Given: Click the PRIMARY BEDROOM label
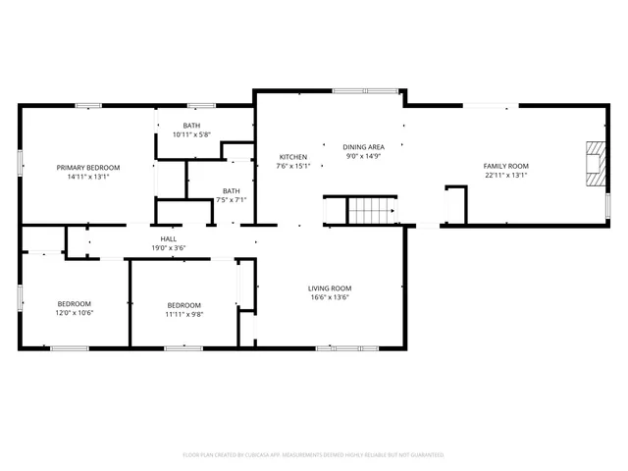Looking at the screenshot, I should pos(88,168).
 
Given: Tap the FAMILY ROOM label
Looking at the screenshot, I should pos(505,166).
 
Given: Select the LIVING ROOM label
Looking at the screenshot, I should pos(330,288).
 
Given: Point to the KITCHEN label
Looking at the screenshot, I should pos(293,157).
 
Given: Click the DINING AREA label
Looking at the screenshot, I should pos(363,146).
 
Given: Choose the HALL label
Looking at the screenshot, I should pos(168,238).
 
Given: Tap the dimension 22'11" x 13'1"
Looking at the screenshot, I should pos(505,176).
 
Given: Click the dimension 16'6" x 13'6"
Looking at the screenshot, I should pos(330,297).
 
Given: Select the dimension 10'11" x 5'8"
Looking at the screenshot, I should pos(191,135).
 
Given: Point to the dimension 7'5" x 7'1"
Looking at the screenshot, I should pos(231,200).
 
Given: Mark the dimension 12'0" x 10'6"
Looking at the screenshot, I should pos(74,314).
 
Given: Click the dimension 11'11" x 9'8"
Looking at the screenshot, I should pos(183,315).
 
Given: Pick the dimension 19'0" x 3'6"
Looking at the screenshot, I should pos(168,248).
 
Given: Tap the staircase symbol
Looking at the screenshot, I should pos(370,210).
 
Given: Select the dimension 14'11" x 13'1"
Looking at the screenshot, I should pos(88,178).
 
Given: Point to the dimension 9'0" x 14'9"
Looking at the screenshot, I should pos(363,156).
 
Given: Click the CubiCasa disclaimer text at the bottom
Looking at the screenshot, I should pos(314,455).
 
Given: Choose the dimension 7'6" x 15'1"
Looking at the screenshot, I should pos(293,167).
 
